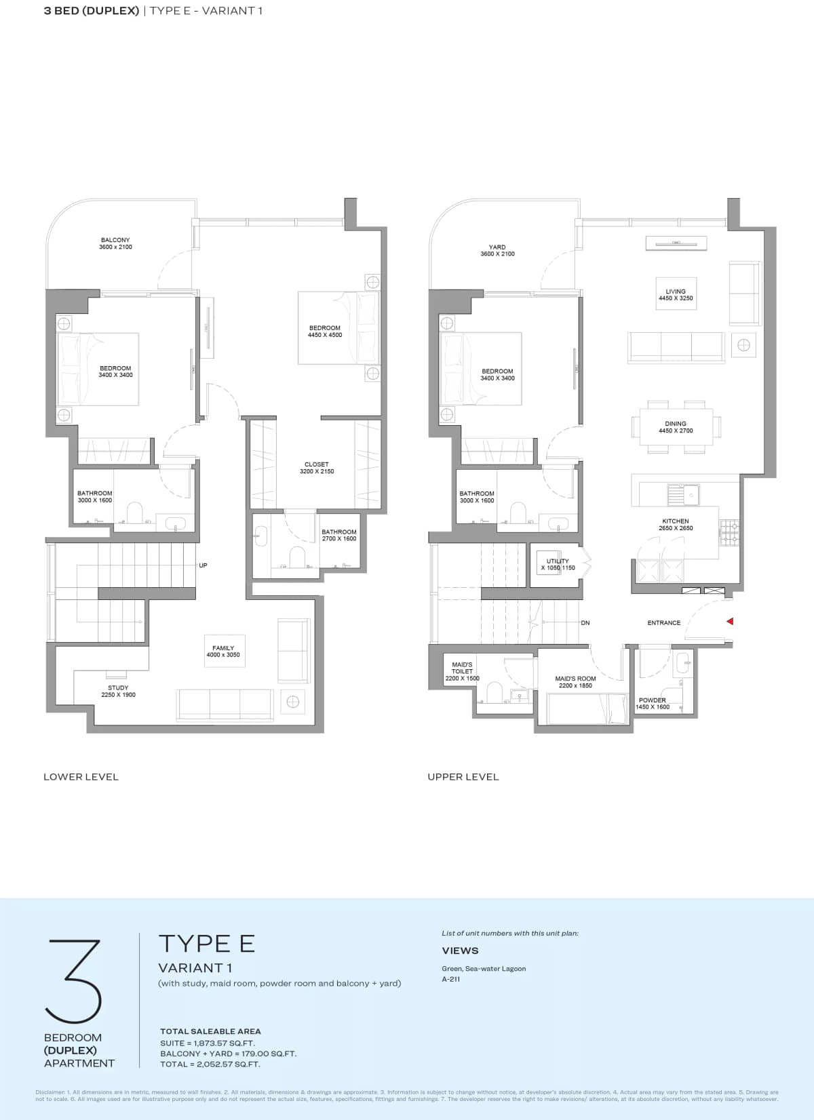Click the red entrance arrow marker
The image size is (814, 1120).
tap(730, 621)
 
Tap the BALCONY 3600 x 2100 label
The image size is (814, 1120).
tap(115, 243)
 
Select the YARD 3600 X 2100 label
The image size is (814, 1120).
tap(497, 251)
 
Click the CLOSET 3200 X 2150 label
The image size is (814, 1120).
tap(317, 468)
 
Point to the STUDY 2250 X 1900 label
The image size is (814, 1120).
tap(118, 691)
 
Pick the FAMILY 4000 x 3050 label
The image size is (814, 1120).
tap(223, 652)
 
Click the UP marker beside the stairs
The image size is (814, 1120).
tap(203, 565)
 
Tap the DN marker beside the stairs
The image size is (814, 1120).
tap(585, 622)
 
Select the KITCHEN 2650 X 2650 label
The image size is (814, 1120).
tap(676, 525)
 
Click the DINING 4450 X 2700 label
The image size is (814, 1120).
tap(676, 427)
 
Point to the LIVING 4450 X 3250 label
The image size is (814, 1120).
tap(676, 295)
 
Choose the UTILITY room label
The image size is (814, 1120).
tap(558, 564)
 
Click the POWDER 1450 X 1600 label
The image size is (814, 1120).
tap(653, 703)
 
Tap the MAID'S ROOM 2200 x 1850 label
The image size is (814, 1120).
tap(575, 682)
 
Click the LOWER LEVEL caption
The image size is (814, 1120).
tap(81, 777)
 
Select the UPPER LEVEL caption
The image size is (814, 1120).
tap(463, 777)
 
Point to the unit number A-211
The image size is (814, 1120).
tap(451, 979)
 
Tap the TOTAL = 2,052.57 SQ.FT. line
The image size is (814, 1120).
tap(210, 1064)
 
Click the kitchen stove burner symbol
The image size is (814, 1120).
tap(730, 533)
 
